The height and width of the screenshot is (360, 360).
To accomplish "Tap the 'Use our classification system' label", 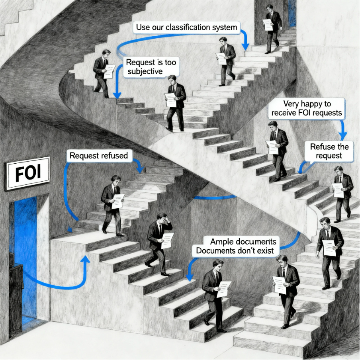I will pos(187,28).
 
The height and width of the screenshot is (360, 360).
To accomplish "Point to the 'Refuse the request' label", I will pos(329,151).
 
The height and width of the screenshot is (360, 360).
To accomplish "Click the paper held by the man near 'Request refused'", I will pos(118,201).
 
